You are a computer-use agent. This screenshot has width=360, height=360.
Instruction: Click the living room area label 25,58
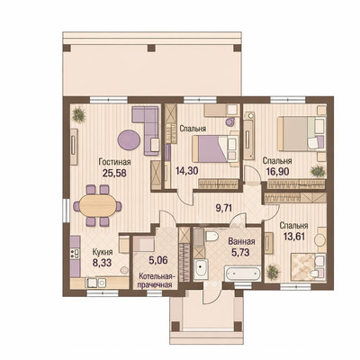click(x=114, y=173)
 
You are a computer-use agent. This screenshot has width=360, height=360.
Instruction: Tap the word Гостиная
click(x=114, y=162)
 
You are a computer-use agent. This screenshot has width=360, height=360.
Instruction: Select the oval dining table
click(x=97, y=206)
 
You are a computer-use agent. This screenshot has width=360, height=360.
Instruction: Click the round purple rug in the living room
click(x=129, y=139)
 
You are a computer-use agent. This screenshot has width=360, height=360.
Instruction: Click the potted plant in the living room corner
click(x=79, y=115)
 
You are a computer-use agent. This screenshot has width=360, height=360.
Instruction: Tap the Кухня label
click(x=103, y=251)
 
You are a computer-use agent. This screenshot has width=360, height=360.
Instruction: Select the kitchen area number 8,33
click(x=102, y=263)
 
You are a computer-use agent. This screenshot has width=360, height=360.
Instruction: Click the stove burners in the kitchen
click(x=75, y=254)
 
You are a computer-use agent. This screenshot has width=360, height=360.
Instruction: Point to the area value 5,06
click(x=158, y=259)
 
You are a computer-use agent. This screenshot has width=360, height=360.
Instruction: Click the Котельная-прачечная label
click(x=155, y=281)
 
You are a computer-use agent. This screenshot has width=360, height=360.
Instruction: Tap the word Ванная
click(x=241, y=241)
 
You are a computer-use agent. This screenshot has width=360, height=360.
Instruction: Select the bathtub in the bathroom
click(x=243, y=274)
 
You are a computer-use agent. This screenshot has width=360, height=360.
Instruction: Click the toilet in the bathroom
click(x=211, y=236)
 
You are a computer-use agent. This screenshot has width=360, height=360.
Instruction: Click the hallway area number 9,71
click(x=224, y=208)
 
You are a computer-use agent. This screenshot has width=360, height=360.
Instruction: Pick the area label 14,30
click(x=185, y=171)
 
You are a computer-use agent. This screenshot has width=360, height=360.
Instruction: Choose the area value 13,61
click(x=294, y=237)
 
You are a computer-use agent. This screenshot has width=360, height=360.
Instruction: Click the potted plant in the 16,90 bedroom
click(x=318, y=172)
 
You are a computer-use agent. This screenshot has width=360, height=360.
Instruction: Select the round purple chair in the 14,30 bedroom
click(x=230, y=122)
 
